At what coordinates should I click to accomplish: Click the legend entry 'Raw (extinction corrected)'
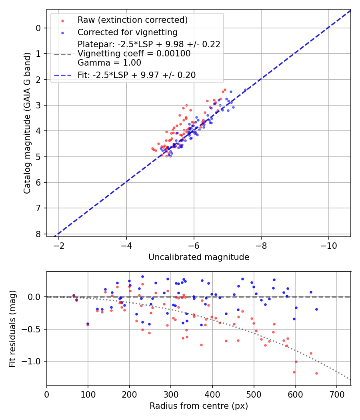coord(132,20)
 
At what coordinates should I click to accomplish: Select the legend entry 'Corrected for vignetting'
coord(127,32)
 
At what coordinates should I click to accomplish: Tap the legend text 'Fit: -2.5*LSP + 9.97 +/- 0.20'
coord(136,75)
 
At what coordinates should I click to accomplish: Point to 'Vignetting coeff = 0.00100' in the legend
coord(134,54)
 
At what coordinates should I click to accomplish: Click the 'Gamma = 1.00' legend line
coord(109,63)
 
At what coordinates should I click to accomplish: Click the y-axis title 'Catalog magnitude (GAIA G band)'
coord(27,123)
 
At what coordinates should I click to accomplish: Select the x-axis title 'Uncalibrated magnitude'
coord(199,257)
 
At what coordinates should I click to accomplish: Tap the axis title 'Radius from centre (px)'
coord(199,406)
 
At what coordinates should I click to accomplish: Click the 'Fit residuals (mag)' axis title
coord(12,328)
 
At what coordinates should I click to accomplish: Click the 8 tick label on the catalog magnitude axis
coord(38,234)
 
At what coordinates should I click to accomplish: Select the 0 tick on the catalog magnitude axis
coord(38,28)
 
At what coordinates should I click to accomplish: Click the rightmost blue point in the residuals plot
coord(316,309)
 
